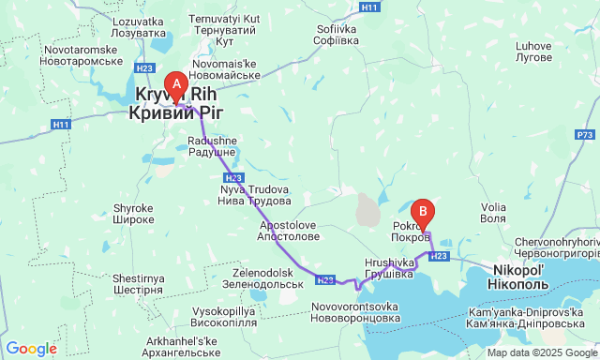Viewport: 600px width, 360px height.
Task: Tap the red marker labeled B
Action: (x=424, y=214)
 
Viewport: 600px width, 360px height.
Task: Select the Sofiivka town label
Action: (x=337, y=35)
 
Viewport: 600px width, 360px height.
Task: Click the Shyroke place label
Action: (x=133, y=214)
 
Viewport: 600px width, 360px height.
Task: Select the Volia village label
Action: (x=493, y=212)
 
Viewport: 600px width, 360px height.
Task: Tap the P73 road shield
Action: (x=585, y=135)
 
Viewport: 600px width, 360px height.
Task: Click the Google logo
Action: (x=31, y=349)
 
